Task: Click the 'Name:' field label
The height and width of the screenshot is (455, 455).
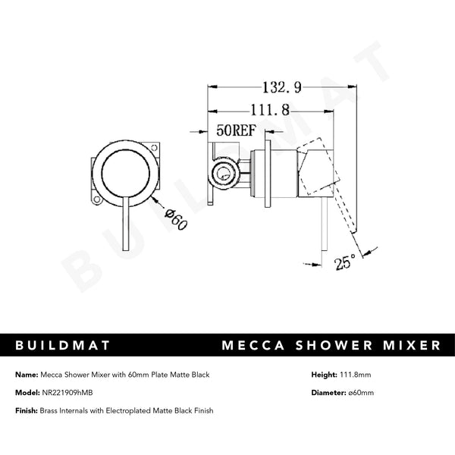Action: (27, 375)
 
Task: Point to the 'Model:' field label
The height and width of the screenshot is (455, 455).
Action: (27, 393)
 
